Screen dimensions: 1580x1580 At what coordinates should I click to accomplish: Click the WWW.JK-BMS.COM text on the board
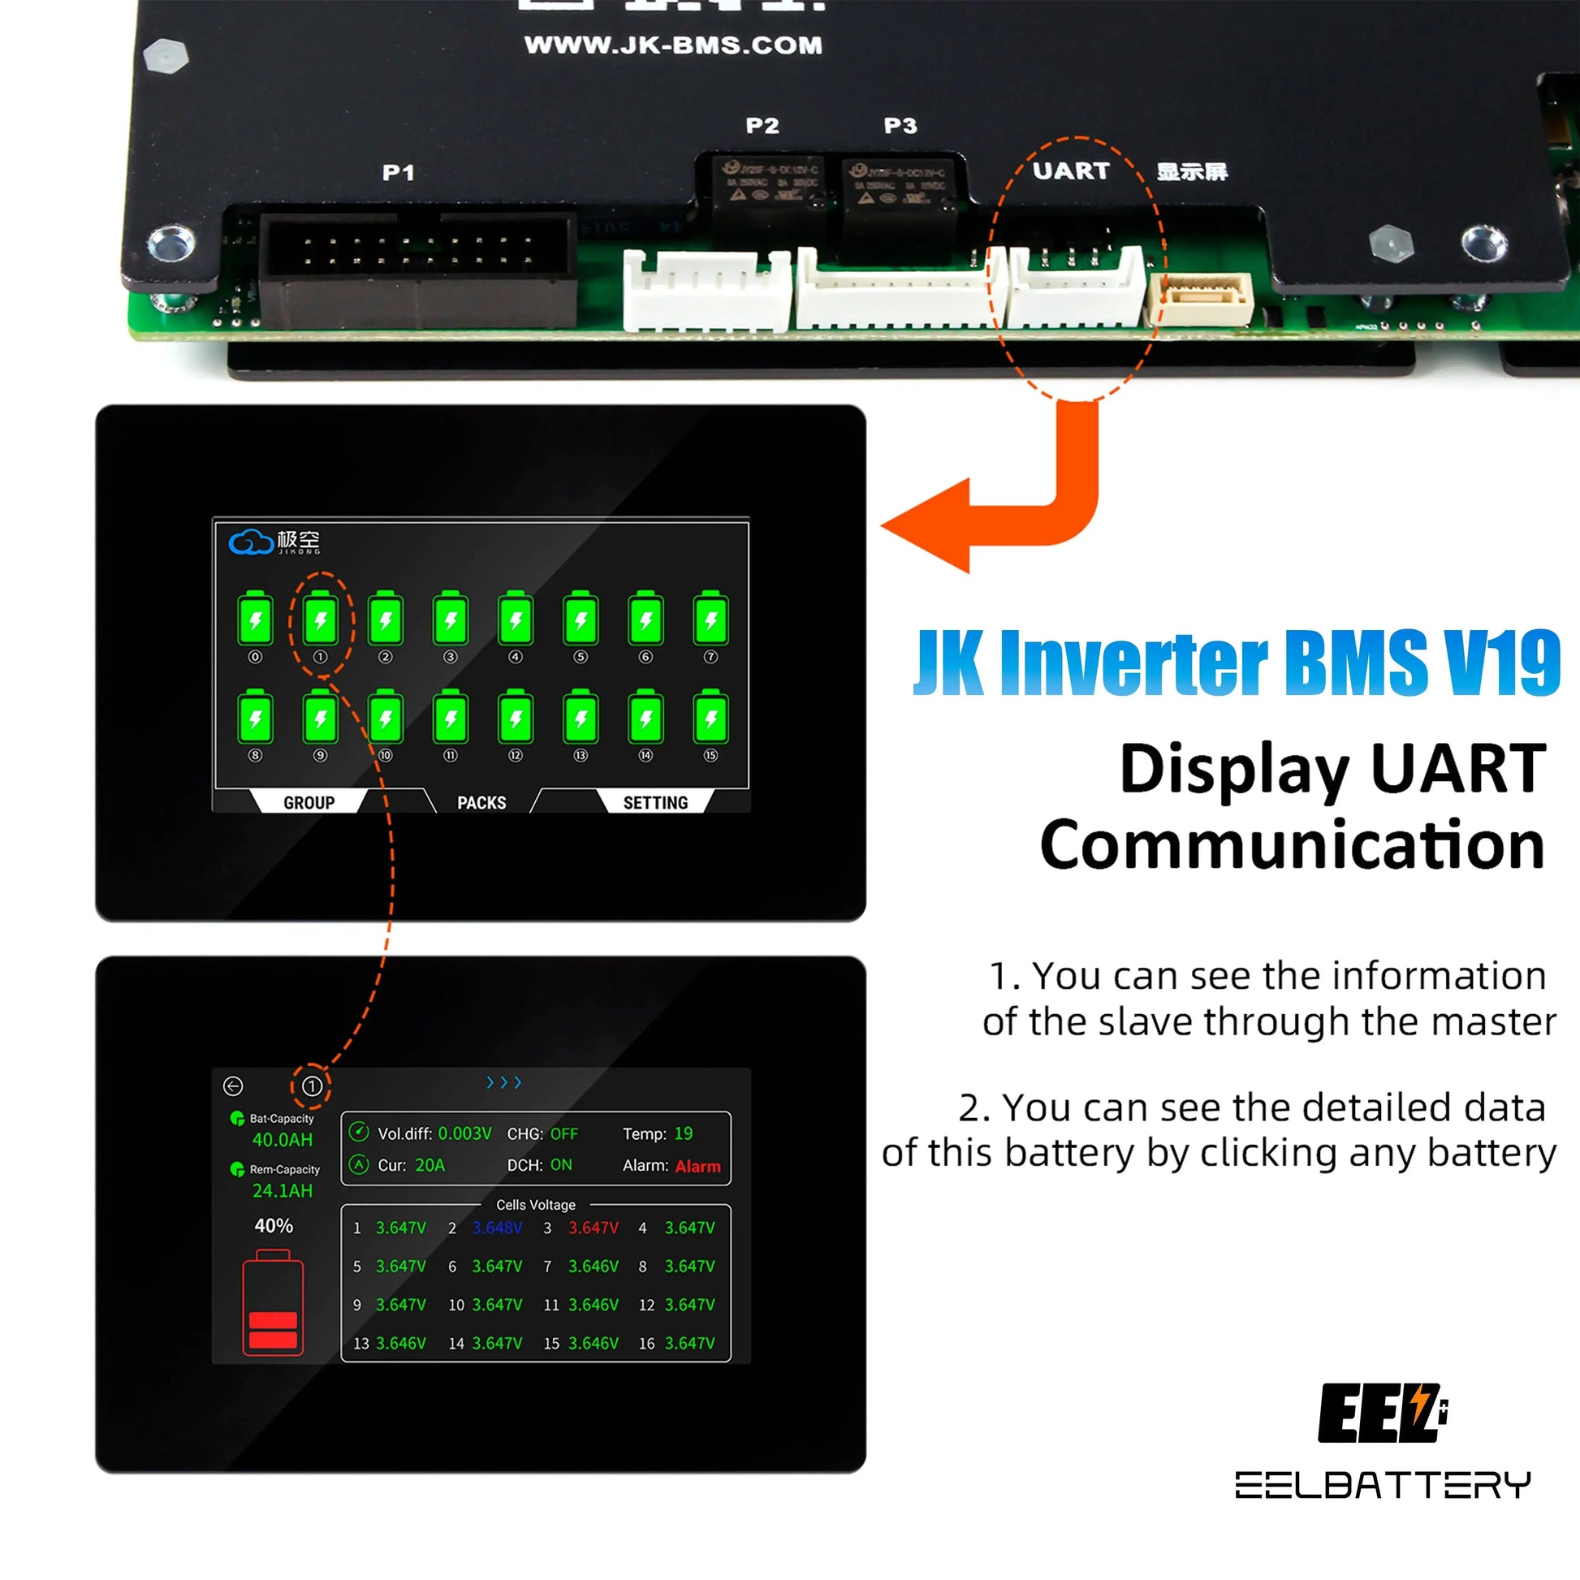point(673,45)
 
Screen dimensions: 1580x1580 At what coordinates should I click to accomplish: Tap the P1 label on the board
point(399,173)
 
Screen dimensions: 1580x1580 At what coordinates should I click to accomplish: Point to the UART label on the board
point(1070,171)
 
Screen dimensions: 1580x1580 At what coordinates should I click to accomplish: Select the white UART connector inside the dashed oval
point(1075,288)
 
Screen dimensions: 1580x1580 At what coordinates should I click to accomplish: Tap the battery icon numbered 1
point(321,619)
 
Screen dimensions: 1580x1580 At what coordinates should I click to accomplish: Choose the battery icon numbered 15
point(710,718)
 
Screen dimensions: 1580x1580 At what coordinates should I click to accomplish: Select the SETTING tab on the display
point(655,802)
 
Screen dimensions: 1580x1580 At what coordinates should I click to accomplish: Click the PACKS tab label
point(481,802)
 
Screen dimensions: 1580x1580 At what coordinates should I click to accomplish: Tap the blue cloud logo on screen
point(250,542)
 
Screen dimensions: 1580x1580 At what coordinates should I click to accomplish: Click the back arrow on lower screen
point(233,1086)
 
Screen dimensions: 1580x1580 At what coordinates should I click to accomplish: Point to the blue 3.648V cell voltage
point(496,1228)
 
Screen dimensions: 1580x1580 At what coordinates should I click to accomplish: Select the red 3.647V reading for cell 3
point(593,1228)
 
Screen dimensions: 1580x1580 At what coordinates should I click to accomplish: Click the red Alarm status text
point(697,1166)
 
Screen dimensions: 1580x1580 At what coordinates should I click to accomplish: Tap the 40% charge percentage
point(273,1226)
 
